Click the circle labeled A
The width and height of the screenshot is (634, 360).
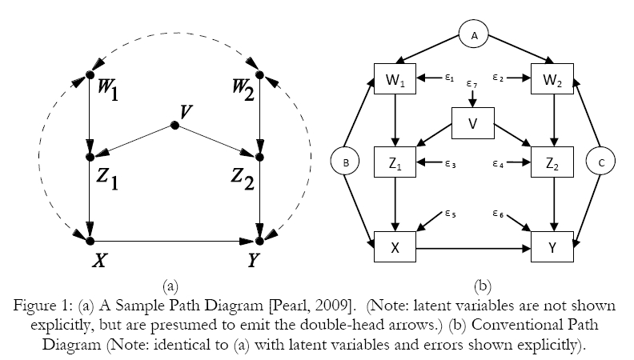[473, 35]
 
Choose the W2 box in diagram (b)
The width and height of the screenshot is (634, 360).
[552, 79]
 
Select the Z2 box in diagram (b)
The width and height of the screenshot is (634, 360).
[552, 163]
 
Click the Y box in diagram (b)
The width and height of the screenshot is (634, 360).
[552, 248]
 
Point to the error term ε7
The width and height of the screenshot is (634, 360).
[472, 84]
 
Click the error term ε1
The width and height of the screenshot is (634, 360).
[449, 78]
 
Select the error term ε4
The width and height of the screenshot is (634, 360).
[497, 163]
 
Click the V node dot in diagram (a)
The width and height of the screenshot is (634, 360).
[174, 126]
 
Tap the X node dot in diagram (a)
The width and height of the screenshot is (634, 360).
[90, 240]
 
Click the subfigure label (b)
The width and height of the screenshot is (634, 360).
[484, 284]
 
